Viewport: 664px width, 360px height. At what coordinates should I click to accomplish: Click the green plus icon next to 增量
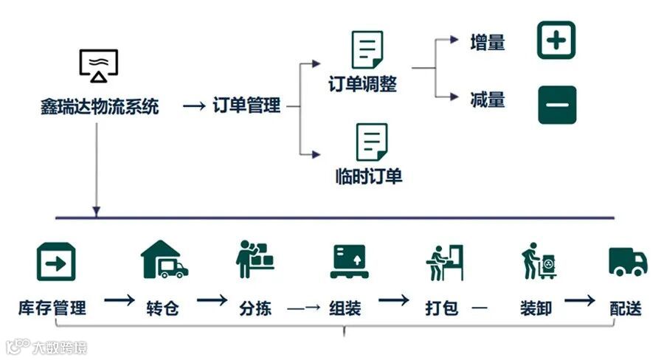[556, 40]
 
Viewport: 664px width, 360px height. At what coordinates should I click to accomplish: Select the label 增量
[487, 43]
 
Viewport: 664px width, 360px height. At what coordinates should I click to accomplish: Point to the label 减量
[487, 99]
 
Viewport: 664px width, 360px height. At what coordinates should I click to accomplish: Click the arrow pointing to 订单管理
[193, 106]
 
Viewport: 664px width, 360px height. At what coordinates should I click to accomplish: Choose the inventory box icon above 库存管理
[56, 261]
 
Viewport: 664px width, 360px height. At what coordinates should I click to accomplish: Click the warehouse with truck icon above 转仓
[164, 260]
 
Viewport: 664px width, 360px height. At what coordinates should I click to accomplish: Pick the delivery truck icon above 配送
[628, 261]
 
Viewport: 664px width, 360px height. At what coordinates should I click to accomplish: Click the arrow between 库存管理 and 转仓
[119, 301]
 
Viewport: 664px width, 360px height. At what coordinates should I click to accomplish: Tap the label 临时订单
[368, 177]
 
